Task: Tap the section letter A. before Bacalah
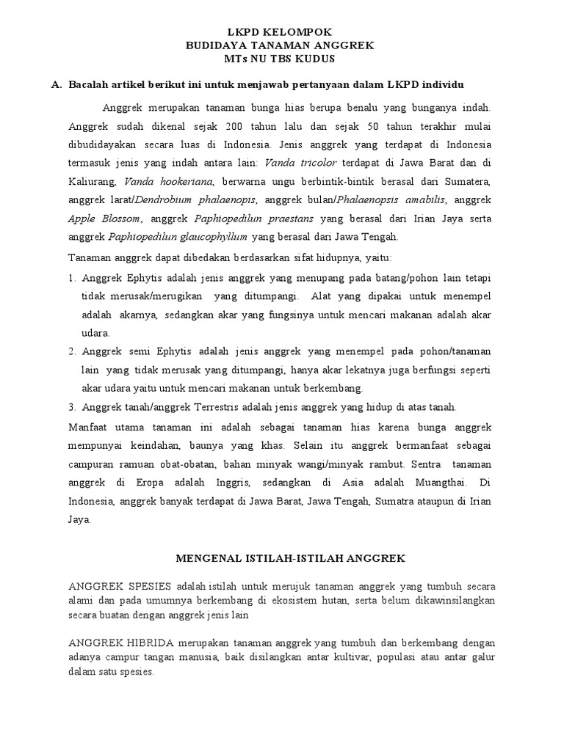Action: (57, 85)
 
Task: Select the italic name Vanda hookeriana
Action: (168, 180)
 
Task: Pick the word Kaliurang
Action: (92, 180)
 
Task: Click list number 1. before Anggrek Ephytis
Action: (72, 278)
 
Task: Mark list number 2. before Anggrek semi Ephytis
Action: (72, 351)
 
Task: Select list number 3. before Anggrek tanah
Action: (72, 406)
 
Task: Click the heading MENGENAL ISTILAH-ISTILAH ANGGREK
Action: (290, 558)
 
